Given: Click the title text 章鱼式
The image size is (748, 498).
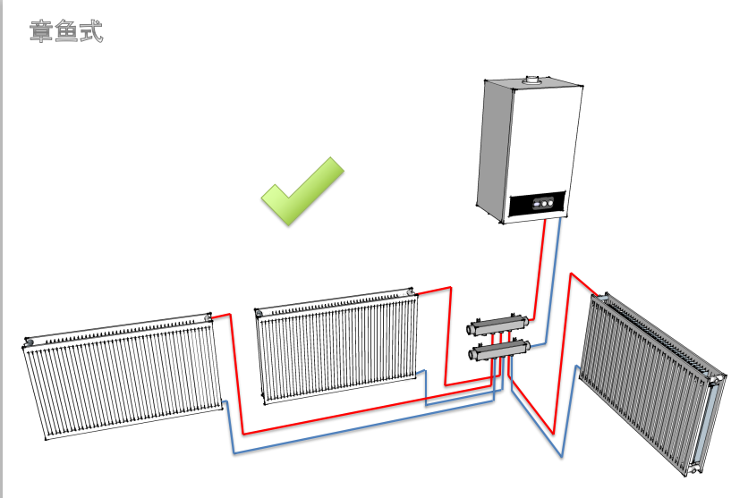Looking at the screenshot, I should (67, 32).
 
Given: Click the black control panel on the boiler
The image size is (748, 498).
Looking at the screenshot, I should (537, 205).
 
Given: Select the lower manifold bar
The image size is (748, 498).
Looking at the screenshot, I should (502, 350).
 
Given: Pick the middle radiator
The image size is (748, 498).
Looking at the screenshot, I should (338, 345).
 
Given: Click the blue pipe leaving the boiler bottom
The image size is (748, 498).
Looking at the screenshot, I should (555, 268).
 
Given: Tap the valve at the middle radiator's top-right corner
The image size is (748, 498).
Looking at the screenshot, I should (411, 292).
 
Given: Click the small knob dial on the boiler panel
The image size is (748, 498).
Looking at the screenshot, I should (541, 203).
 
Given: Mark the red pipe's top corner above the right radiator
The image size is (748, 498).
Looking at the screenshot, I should (573, 274).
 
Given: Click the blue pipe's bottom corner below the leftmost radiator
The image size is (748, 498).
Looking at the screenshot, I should (234, 453).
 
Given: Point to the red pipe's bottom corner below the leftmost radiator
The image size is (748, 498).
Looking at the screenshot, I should (244, 435).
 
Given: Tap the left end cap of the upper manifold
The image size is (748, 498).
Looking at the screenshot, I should (472, 330).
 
